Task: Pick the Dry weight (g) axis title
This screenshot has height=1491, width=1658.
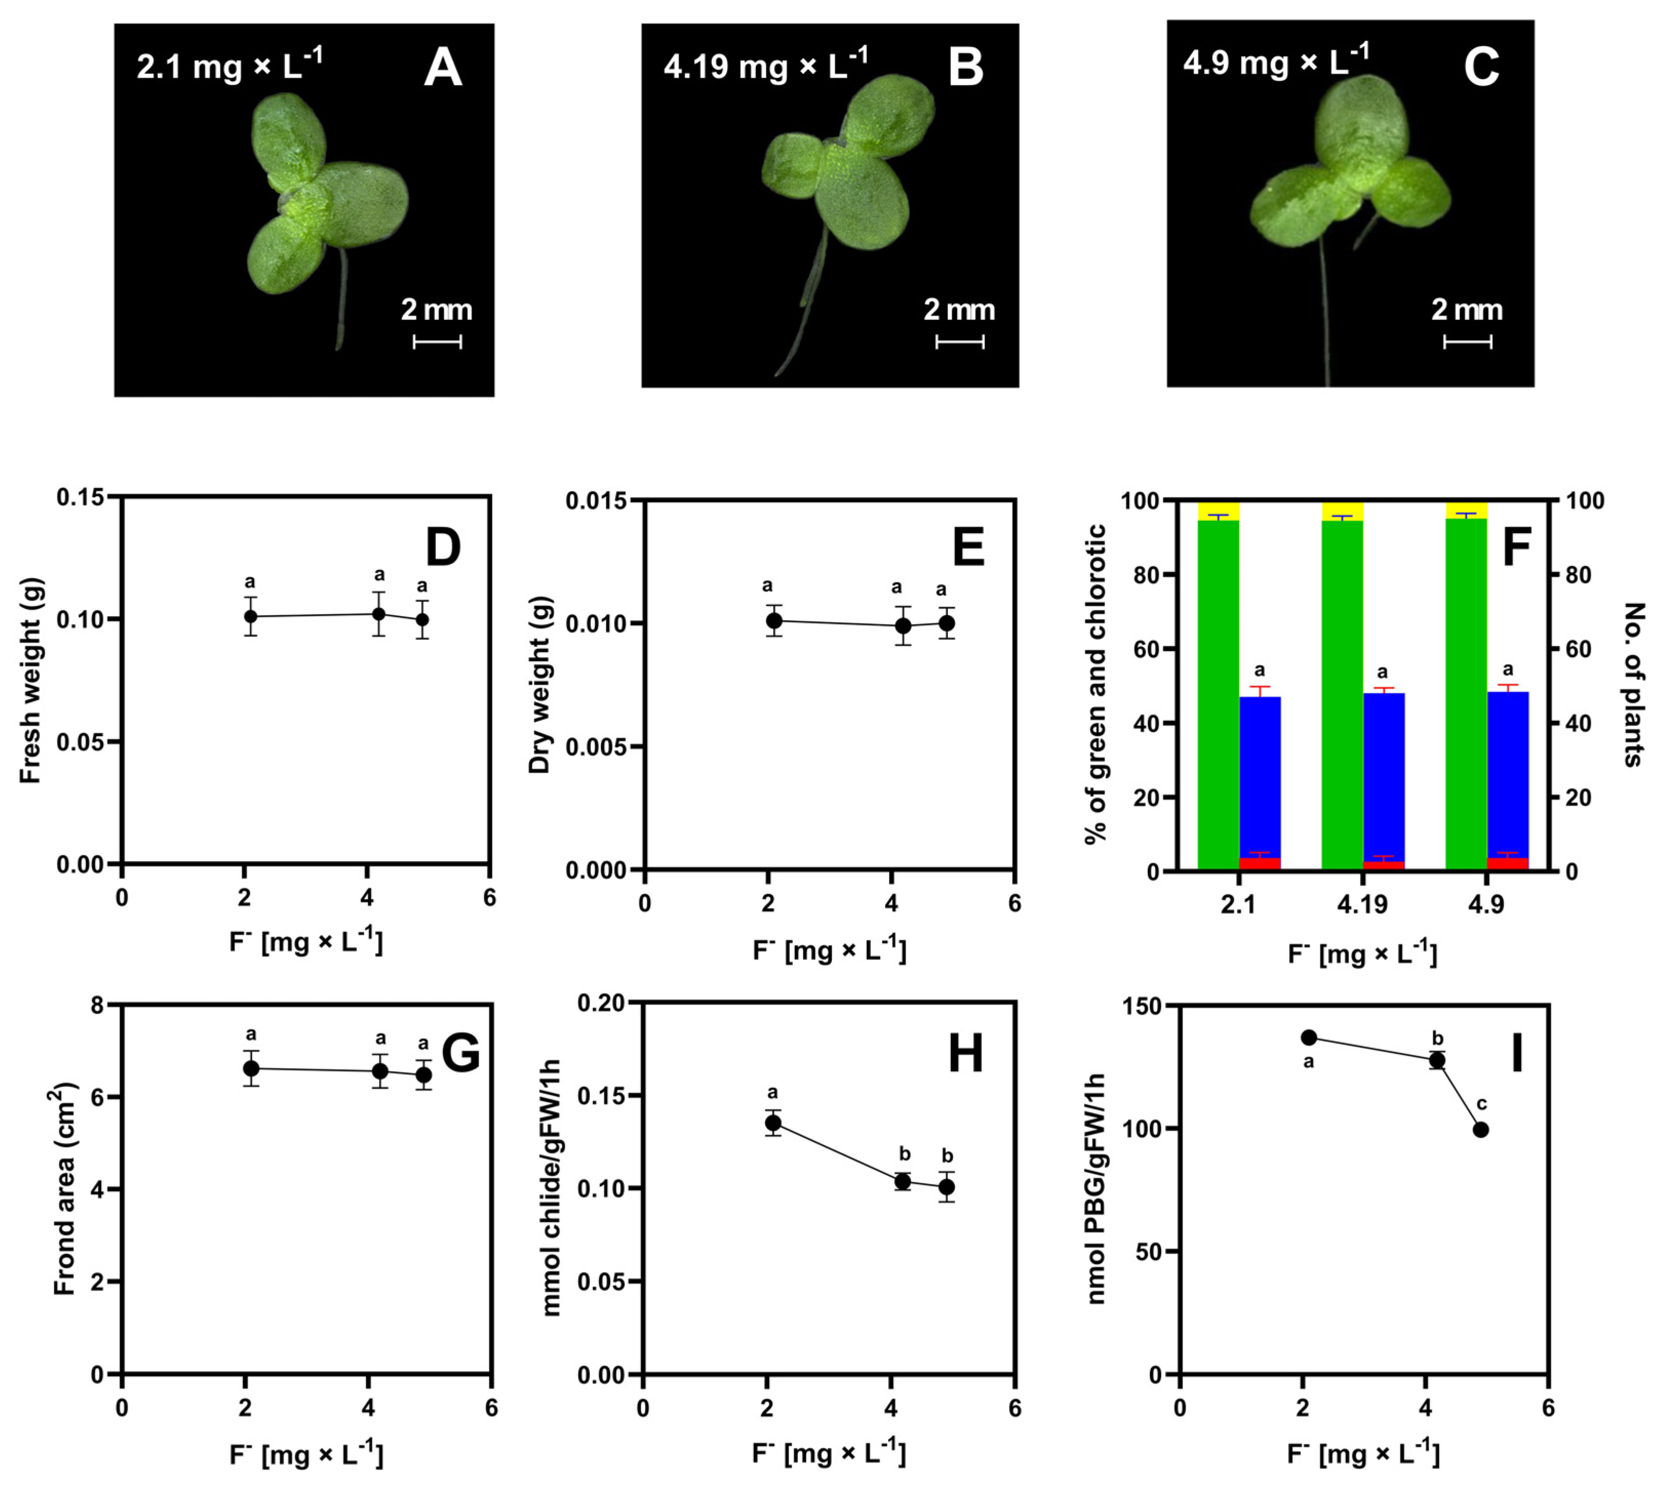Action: click(540, 684)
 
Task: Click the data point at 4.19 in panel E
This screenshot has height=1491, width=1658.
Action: click(903, 626)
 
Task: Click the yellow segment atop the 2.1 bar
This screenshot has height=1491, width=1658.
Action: click(1218, 510)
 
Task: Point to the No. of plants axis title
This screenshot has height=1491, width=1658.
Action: click(1632, 684)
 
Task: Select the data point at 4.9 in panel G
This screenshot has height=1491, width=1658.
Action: click(423, 1074)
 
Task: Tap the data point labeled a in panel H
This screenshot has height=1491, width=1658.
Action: click(772, 1122)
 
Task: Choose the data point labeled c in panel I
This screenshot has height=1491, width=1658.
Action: click(1480, 1129)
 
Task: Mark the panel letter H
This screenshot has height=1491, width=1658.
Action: click(965, 1053)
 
